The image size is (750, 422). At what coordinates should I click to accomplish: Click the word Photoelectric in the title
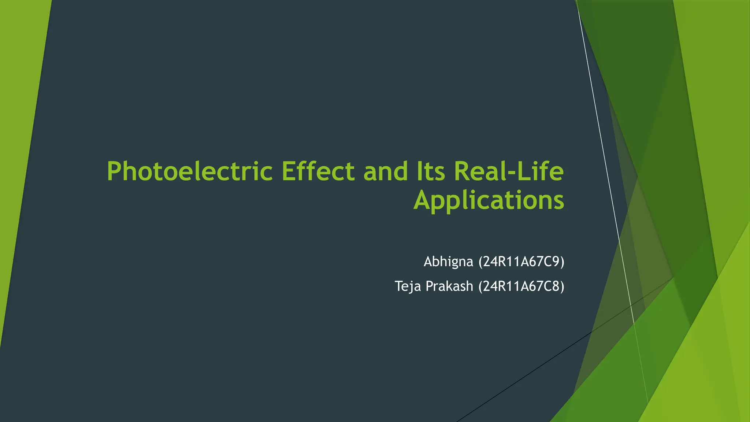click(190, 171)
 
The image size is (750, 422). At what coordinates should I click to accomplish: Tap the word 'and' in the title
click(385, 171)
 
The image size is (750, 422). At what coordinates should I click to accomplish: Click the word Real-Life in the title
click(509, 171)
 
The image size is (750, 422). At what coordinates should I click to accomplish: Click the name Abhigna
click(448, 262)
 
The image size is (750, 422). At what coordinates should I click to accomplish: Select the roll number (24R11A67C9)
click(521, 262)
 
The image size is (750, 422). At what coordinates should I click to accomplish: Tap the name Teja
click(408, 286)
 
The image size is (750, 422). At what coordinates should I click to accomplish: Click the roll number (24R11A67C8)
click(521, 286)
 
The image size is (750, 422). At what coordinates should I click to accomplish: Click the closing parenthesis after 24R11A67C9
click(562, 262)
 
